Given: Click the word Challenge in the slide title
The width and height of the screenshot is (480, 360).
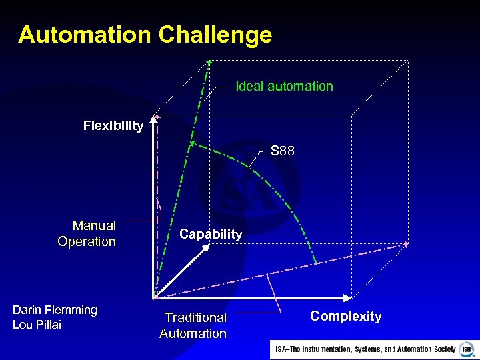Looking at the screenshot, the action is (215, 35).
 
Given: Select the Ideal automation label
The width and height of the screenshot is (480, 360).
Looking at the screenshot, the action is (285, 86).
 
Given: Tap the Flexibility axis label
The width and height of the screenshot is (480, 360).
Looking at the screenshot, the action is (113, 125).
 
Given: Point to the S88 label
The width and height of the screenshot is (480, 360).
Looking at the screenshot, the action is (283, 151).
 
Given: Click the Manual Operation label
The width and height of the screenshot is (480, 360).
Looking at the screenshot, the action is (87, 233).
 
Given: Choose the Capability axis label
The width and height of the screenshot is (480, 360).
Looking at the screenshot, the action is (211, 234).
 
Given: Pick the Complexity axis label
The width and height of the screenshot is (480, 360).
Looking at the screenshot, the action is (345, 316).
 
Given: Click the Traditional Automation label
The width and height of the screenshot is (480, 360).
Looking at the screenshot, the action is (193, 325).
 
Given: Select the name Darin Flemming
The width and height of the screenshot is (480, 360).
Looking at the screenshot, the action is (55, 310).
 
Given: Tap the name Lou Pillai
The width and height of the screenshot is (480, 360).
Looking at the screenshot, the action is (37, 325).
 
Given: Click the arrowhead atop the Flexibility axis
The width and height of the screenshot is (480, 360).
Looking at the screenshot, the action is (154, 119).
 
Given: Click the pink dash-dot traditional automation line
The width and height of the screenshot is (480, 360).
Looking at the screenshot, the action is (280, 271).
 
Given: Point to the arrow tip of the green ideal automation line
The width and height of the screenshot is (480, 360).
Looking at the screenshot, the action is (209, 63).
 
